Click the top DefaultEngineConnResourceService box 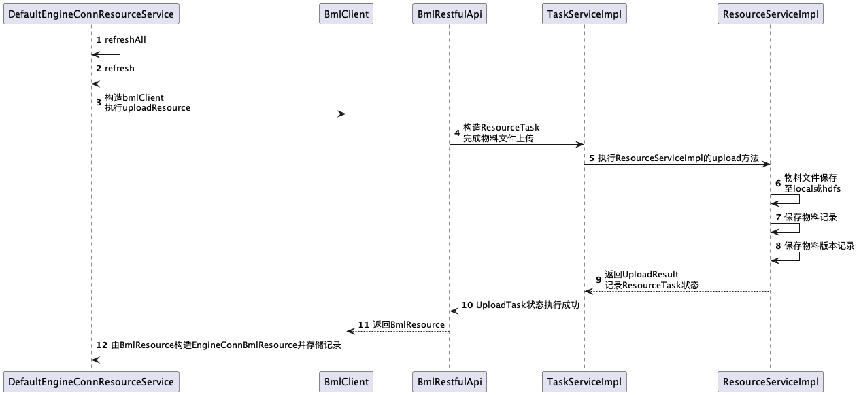(x=91, y=14)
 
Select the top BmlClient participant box (x=346, y=14)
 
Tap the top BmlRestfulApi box (x=449, y=14)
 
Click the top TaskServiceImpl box (x=584, y=14)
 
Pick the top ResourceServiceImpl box (x=770, y=14)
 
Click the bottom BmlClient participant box (x=346, y=382)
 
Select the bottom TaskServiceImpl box (x=584, y=382)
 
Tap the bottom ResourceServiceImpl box (x=770, y=382)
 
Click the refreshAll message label (x=125, y=40)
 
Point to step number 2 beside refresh (x=99, y=69)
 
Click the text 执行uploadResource (x=147, y=108)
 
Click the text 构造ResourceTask (x=501, y=127)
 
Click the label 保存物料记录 (x=810, y=218)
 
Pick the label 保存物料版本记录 (x=819, y=246)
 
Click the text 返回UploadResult (x=641, y=275)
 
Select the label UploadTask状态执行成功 (x=528, y=305)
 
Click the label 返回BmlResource (x=409, y=325)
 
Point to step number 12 (x=101, y=345)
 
